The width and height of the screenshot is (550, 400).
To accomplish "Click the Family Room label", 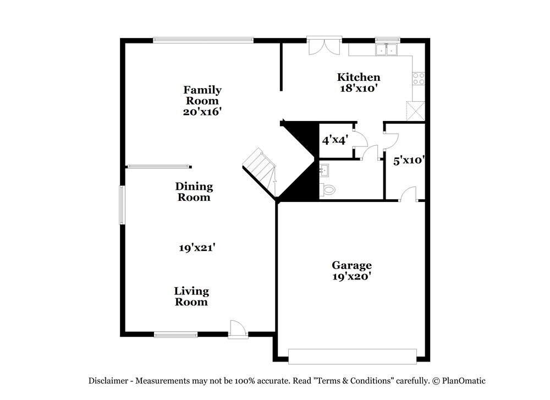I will tap(202, 95).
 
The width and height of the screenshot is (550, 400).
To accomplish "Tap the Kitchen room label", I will tap(359, 77).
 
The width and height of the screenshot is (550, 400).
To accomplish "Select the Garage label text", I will tap(351, 265).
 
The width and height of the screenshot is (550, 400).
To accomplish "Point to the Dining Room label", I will tap(194, 192).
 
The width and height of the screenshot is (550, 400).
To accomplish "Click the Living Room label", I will tap(191, 296).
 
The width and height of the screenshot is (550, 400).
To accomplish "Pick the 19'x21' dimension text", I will tap(196, 248).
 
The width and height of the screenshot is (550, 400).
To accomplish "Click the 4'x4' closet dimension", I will tap(334, 140).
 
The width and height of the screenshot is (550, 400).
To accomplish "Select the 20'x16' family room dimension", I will tap(202, 111).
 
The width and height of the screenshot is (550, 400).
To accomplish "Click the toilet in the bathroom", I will tap(329, 190).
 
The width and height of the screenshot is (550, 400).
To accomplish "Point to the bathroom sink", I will tap(324, 169).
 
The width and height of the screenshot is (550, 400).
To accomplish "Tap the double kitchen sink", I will tap(387, 50).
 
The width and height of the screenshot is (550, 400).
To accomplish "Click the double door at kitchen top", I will tap(324, 46).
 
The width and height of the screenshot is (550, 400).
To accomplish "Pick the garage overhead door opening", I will tap(352, 356).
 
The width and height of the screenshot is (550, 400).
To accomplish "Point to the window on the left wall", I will tap(123, 205).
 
